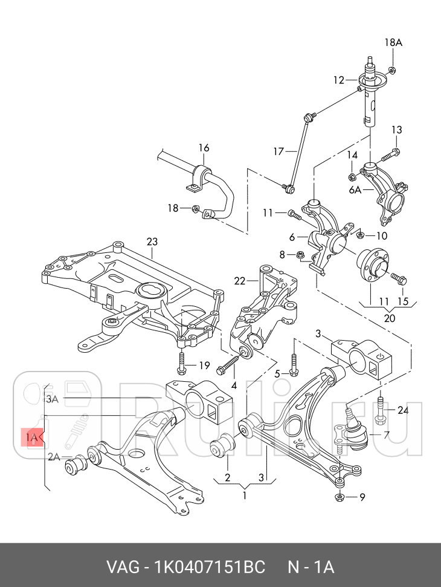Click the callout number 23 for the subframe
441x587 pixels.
pos(152,242)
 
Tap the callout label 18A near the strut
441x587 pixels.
pos(393,42)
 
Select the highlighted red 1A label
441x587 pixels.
pos(33,438)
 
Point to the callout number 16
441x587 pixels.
pos(204,148)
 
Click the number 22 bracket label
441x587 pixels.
pos(240,280)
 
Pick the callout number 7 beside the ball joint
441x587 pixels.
pos(386,435)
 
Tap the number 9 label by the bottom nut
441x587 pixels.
pos(362,497)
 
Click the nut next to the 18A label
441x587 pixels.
pos(393,70)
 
